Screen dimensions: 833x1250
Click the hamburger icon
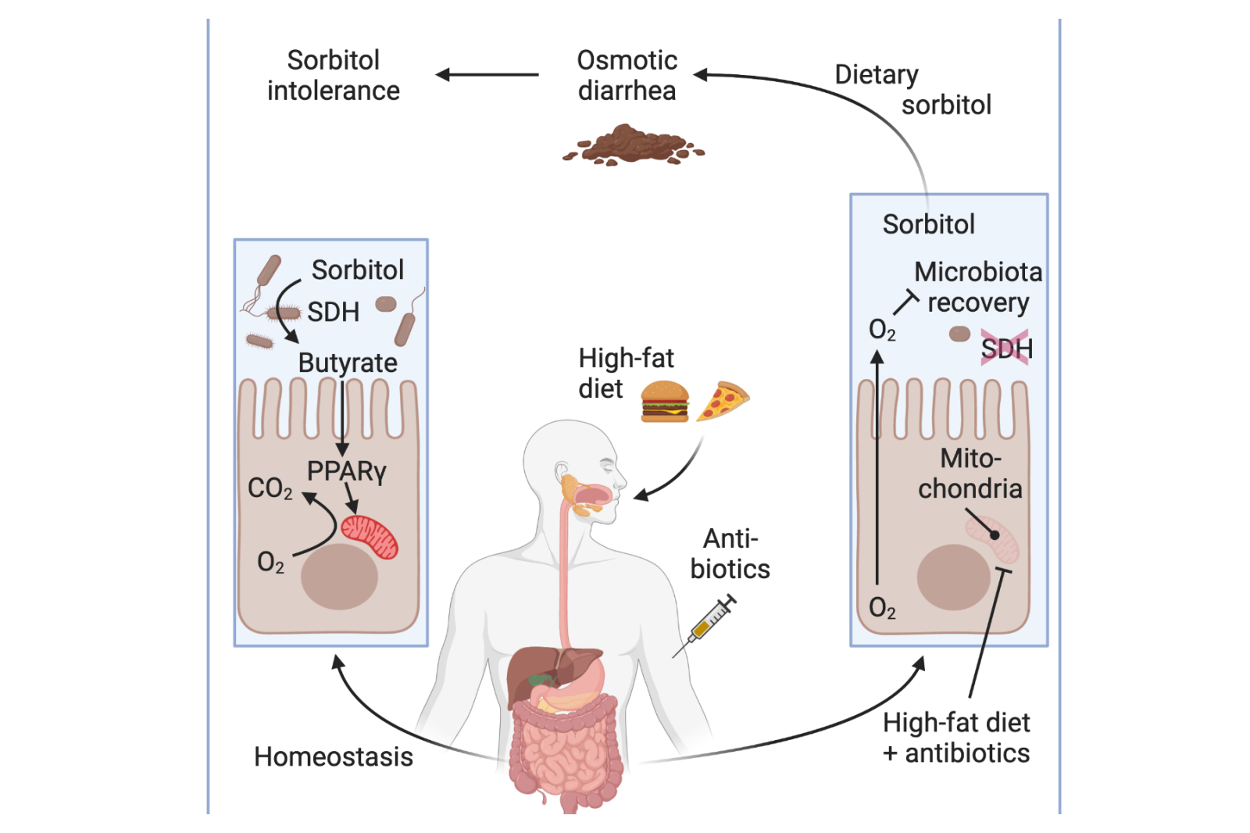coord(664,401)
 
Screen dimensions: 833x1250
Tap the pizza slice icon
coord(722,399)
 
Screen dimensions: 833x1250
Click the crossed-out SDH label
coord(1006,349)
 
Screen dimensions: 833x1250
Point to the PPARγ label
coord(346,471)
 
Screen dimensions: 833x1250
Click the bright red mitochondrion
coord(370,536)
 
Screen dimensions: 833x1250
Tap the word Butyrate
coord(348,363)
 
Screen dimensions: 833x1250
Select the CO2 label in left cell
coord(270,488)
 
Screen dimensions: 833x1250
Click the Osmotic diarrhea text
coord(627,75)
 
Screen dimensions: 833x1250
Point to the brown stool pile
coord(633,145)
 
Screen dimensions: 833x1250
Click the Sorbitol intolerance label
coord(334,75)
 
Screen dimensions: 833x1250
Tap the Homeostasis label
coord(334,756)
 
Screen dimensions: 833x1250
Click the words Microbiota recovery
coord(977,287)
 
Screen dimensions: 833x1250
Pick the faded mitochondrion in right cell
coord(993,538)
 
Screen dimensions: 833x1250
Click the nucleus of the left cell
coord(339,577)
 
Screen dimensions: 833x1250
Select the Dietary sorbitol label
coord(912,89)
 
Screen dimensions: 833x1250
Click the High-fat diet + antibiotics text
coord(956,738)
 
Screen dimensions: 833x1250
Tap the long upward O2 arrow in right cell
coord(877,469)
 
